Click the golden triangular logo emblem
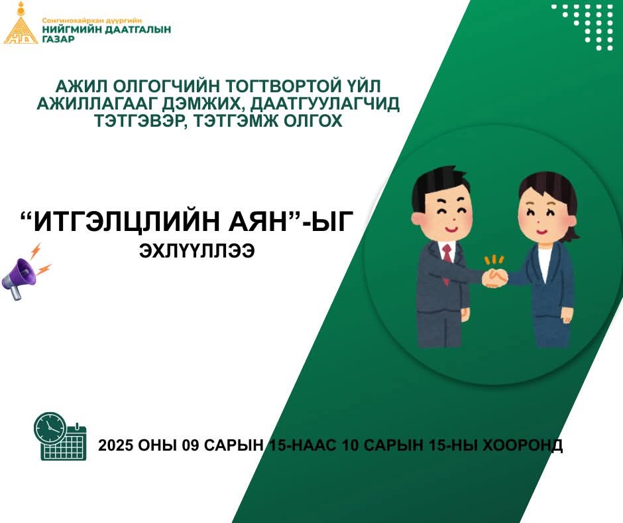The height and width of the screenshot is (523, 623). tap(21, 27)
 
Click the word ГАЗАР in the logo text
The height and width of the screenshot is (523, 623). tap(58, 39)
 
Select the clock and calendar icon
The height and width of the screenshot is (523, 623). tap(60, 437)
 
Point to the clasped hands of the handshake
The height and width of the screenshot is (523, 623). tap(494, 278)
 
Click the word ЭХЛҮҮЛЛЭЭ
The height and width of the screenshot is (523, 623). tap(197, 251)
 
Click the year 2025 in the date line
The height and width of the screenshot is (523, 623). tap(115, 445)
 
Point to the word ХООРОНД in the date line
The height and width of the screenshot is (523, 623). tap(522, 445)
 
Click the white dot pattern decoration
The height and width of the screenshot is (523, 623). tap(587, 27)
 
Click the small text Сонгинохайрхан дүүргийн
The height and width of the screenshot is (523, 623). tap(91, 21)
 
